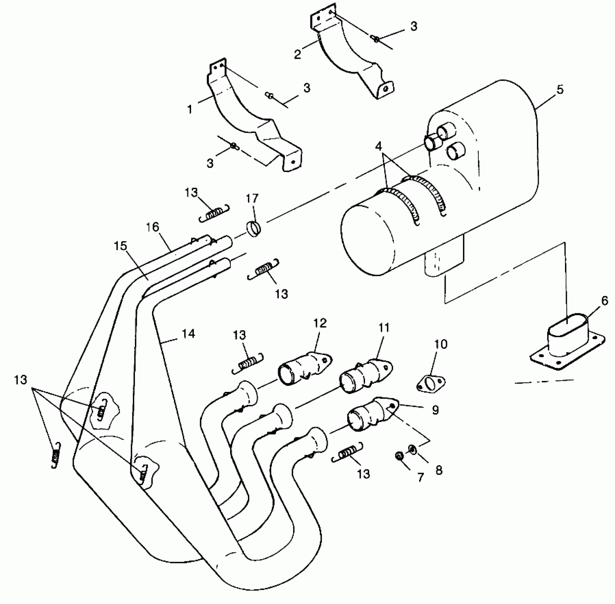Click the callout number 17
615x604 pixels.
click(x=252, y=199)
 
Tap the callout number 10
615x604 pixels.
click(x=441, y=344)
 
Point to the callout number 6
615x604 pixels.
click(x=604, y=301)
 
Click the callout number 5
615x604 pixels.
click(x=560, y=89)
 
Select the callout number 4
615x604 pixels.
click(x=379, y=146)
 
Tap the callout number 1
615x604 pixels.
click(x=190, y=109)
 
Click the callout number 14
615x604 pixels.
click(x=188, y=334)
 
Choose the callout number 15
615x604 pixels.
click(x=121, y=246)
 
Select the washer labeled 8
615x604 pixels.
click(x=413, y=449)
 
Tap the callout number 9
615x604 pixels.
click(x=436, y=410)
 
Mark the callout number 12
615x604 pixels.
click(x=320, y=323)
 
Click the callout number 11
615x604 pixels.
click(x=384, y=328)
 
